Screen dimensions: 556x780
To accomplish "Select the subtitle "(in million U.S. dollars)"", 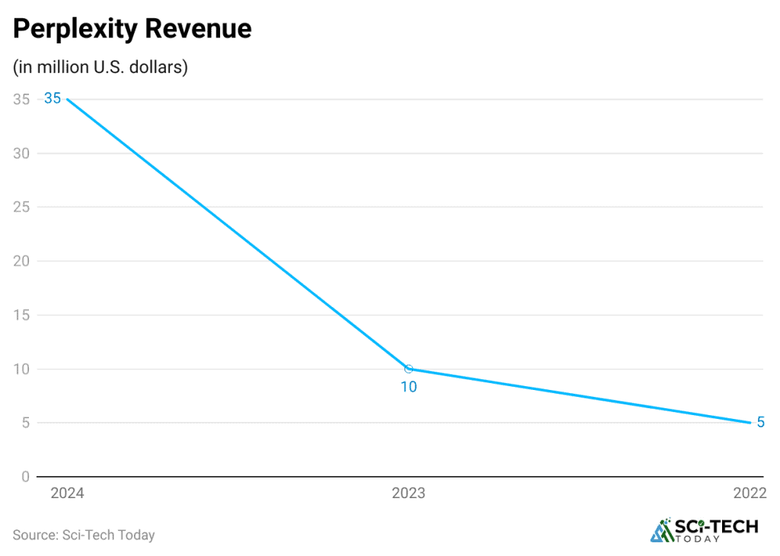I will (101, 67).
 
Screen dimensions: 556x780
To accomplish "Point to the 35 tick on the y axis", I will (21, 99).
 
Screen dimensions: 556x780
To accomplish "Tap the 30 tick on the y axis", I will (21, 153).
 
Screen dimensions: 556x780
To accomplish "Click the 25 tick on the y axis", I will (21, 207).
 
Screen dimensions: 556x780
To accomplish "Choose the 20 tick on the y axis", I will (21, 261).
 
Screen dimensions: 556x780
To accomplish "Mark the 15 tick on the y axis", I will (21, 315).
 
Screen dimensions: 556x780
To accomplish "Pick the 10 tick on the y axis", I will (21, 369).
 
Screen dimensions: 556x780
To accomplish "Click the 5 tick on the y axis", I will (25, 423).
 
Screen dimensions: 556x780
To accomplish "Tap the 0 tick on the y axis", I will (25, 477).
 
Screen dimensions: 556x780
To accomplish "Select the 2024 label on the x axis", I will (67, 494).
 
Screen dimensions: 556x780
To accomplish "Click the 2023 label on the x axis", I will (408, 494).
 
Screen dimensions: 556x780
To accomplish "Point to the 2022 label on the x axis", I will (749, 494).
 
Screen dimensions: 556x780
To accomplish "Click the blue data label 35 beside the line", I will (53, 98).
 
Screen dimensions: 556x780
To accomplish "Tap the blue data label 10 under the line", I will (409, 387).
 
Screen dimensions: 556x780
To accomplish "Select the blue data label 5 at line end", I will (760, 422).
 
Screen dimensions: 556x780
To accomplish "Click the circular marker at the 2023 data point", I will (409, 369).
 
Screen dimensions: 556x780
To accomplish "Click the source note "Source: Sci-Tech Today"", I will (84, 535).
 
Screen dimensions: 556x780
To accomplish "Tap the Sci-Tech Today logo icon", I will (662, 531).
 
